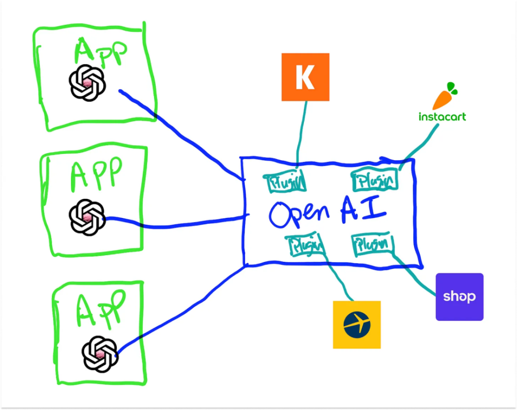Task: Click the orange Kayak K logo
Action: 305,77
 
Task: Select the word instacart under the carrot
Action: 442,117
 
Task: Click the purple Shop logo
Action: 459,297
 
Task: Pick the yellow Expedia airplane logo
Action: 357,324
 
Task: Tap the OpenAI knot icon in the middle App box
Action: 87,217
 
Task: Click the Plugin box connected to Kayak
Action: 285,181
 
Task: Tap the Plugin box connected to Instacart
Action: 375,180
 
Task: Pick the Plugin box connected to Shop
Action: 372,245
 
